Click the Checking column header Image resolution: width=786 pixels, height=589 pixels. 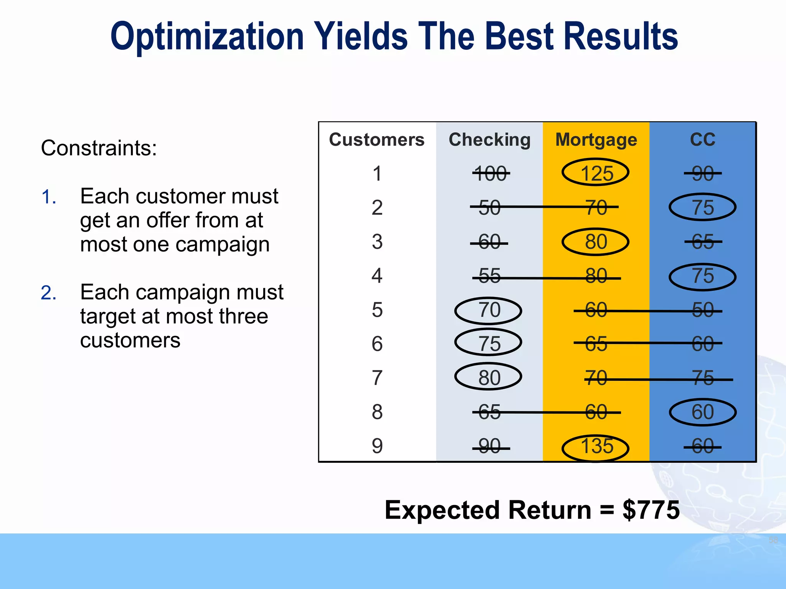(x=489, y=140)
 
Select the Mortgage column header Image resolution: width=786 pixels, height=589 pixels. (x=596, y=140)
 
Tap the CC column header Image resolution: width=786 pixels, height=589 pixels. (x=703, y=139)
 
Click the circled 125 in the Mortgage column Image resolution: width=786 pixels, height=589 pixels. (x=596, y=173)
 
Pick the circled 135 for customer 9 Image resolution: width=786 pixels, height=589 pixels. (x=596, y=447)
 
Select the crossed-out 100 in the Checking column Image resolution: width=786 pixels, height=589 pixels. (x=490, y=174)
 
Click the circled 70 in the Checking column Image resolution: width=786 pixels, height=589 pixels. (x=488, y=310)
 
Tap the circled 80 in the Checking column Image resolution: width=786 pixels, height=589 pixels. (x=488, y=378)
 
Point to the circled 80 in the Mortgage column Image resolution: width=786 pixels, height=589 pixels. (x=596, y=242)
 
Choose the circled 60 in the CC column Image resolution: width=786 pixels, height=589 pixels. (x=702, y=412)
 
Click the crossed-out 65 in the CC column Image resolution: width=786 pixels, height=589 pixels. (x=703, y=242)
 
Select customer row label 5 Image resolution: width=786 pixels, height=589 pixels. (x=377, y=310)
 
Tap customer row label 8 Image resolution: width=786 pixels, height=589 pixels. (x=377, y=412)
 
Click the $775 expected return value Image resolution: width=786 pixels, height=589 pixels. (x=651, y=510)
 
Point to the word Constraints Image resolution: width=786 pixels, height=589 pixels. (x=99, y=148)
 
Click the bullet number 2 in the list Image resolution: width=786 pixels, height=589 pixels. (x=49, y=293)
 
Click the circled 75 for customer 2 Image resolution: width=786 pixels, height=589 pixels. (x=702, y=207)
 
